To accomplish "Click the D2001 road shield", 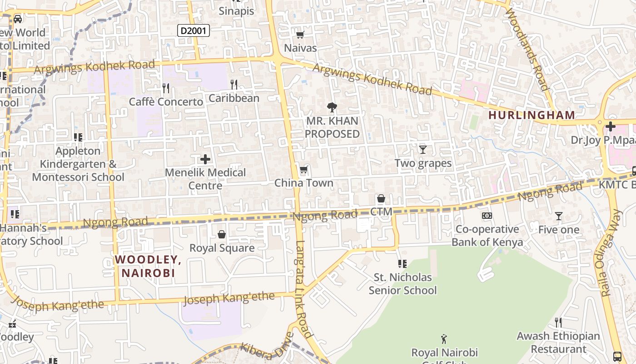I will click(x=193, y=30).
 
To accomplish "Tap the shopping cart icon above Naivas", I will click(x=300, y=35).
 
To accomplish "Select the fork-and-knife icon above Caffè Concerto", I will click(x=166, y=88).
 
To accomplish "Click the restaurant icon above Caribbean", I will click(x=234, y=84).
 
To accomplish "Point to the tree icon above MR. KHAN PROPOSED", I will click(x=332, y=107).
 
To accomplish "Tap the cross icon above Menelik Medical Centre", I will click(x=205, y=159).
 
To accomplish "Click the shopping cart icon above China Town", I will click(x=303, y=170).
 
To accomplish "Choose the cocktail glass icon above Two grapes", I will click(x=423, y=149).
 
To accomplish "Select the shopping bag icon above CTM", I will click(x=381, y=198).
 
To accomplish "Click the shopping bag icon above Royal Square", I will click(x=222, y=234).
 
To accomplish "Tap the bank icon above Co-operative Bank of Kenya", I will click(x=487, y=216).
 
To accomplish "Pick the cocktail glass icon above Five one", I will click(x=559, y=216).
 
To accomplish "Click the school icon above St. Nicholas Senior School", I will click(x=402, y=263).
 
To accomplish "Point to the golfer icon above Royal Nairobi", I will click(x=444, y=339).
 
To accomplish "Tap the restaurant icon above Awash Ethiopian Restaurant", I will click(x=558, y=323).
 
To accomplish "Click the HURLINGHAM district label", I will click(x=532, y=115).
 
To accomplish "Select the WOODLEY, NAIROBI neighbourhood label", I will click(x=148, y=266).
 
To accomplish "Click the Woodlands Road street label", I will click(x=527, y=49).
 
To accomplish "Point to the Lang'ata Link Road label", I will click(x=303, y=289).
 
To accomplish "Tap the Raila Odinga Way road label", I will click(x=611, y=253).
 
